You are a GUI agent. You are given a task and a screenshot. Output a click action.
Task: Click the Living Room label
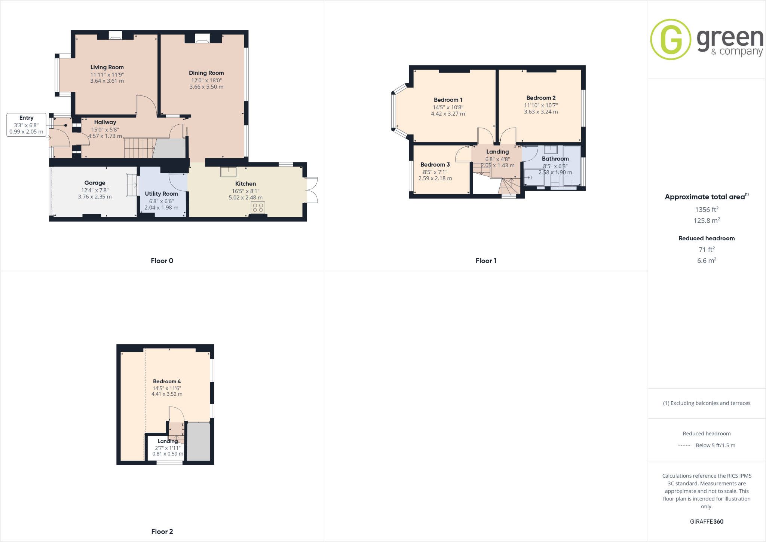coord(107,67)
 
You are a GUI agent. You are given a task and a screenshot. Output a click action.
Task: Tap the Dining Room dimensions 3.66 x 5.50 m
coord(206,87)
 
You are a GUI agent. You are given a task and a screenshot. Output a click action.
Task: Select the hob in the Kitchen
coord(258,208)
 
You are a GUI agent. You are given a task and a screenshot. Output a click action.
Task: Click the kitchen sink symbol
coord(229,171)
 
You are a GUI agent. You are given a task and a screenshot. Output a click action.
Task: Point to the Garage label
coord(95,183)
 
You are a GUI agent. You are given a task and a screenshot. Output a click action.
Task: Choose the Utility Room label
coord(161,194)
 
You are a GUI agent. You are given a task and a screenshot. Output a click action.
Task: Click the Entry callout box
coord(26,125)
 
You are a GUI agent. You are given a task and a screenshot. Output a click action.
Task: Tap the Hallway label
coord(105,122)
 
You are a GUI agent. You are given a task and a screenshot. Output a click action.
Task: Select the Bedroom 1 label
coord(448,100)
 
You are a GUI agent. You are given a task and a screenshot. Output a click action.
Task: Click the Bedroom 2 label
coord(541,98)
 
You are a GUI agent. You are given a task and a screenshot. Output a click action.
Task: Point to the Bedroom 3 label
coord(435,165)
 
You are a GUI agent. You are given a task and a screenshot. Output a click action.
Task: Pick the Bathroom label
coord(555,159)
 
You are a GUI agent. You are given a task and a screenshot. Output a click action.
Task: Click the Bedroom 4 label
coord(167,381)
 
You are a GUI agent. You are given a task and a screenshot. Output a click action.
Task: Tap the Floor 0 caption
coord(162,261)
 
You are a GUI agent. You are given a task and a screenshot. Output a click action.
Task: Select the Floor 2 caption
coord(162,532)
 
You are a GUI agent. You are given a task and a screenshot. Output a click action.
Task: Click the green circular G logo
coord(671,39)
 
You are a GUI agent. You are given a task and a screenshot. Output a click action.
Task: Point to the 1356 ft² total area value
coord(707,210)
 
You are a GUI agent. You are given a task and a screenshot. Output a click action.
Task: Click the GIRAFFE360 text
coord(707,521)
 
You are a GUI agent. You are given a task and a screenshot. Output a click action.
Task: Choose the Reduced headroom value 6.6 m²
coord(707,261)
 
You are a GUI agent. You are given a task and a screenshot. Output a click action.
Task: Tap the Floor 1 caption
coord(486,261)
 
